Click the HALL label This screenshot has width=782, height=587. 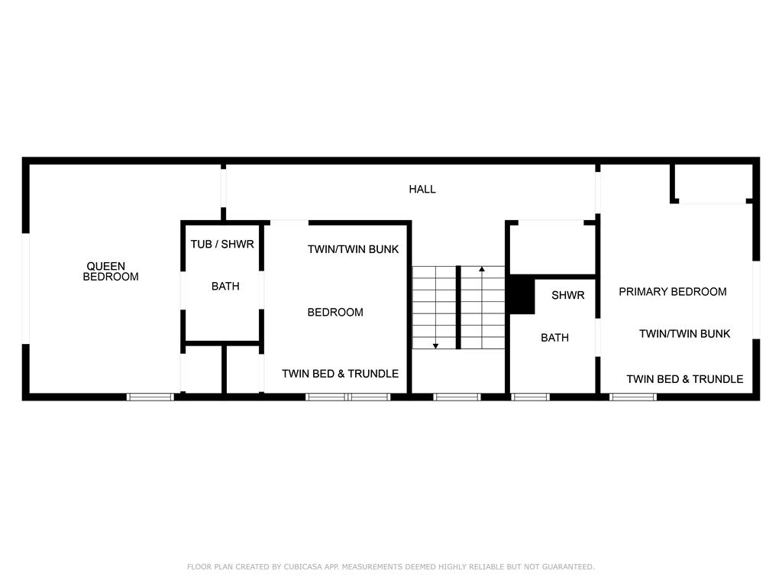tap(422, 190)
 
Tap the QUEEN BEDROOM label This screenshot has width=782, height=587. tap(110, 271)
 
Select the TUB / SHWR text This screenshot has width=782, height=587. tap(222, 244)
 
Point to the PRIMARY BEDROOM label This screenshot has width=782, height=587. tap(672, 291)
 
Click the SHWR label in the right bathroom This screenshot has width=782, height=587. tap(567, 295)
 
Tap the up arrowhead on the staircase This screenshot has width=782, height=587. tap(482, 270)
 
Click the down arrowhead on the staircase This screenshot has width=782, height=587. tap(435, 346)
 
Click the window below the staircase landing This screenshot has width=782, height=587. tap(457, 397)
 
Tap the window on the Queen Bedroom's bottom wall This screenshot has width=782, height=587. tap(150, 397)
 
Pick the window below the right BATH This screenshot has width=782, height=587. tap(530, 397)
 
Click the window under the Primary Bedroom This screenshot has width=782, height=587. tap(633, 397)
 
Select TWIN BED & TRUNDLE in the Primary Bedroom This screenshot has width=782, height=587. tap(685, 379)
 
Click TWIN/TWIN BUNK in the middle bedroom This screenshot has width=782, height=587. tap(353, 249)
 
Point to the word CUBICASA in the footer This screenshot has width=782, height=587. tap(302, 567)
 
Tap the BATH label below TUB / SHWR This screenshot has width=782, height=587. tap(225, 287)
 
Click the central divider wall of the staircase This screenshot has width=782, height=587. tap(458, 307)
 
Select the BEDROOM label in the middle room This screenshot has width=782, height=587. tap(335, 313)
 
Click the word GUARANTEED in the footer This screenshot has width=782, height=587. tap(568, 567)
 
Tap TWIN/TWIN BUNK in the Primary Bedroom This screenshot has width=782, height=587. tap(685, 334)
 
